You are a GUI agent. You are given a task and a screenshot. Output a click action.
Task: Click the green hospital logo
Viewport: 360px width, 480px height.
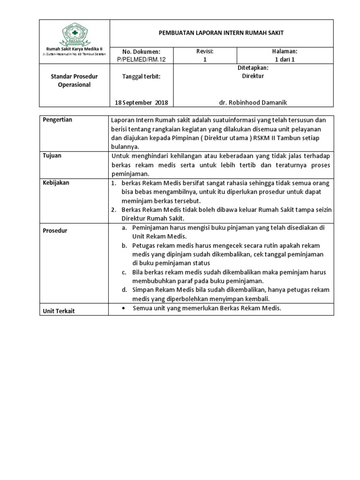point(75,36)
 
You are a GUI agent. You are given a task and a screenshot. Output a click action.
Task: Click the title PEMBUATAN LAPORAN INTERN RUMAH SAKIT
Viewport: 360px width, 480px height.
point(221,33)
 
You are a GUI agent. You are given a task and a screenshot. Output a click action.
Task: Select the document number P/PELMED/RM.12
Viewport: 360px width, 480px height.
point(141,60)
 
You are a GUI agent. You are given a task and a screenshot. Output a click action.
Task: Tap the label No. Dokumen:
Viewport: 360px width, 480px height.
point(141,52)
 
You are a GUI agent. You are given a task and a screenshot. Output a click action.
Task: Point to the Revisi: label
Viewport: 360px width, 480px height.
point(205,51)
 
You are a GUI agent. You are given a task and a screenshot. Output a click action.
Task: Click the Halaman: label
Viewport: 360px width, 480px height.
point(285,51)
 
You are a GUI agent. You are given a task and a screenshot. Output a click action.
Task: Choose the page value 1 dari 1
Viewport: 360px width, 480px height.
point(285,60)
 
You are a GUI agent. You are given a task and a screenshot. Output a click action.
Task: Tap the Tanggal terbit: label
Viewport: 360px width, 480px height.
point(141,76)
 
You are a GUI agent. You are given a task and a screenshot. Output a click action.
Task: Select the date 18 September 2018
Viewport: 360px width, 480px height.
point(141,102)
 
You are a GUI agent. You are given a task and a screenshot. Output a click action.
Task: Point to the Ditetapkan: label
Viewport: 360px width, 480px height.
point(254,68)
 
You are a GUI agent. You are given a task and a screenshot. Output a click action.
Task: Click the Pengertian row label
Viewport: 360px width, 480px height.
point(58,120)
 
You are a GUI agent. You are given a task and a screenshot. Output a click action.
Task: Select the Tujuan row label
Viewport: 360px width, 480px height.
point(52,156)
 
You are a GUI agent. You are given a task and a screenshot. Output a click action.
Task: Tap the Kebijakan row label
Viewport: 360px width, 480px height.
point(56,183)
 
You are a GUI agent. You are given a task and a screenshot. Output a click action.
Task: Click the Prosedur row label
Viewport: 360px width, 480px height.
point(55,231)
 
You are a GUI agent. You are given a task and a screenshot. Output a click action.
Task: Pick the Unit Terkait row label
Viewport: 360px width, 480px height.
point(59,311)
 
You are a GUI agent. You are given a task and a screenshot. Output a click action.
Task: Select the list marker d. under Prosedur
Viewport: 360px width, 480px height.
point(124,290)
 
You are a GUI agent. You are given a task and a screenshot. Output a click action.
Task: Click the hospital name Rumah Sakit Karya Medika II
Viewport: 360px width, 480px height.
point(74,50)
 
